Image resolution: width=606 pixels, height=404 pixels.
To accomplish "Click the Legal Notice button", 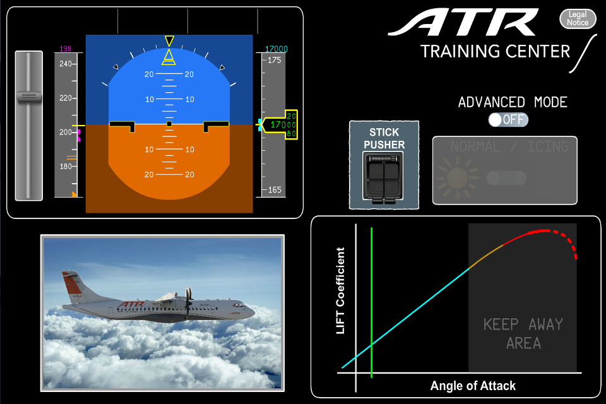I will pos(578,19).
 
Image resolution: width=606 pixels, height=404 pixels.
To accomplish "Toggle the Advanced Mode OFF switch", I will pos(508,120).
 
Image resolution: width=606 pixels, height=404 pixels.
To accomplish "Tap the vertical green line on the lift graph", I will pos(372,303).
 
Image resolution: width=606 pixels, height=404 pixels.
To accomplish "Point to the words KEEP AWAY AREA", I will pos(523,333).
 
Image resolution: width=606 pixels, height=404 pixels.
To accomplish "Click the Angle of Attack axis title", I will pos(473,386).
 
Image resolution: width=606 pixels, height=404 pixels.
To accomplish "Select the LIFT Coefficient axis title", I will pos(341,291).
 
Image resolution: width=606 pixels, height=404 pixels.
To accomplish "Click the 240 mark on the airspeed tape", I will pos(65,64).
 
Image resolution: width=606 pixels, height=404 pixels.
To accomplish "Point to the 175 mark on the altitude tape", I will pos(275,60).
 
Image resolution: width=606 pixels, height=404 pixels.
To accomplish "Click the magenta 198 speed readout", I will pos(65,49).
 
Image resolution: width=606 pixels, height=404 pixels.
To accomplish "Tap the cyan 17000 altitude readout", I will pos(276,49).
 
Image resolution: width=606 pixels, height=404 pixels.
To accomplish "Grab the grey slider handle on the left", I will pos(28,97).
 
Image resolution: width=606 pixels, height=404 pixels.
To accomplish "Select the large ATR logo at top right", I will pos(464,23).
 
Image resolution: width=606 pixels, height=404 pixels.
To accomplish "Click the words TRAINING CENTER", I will pos(495,51).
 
